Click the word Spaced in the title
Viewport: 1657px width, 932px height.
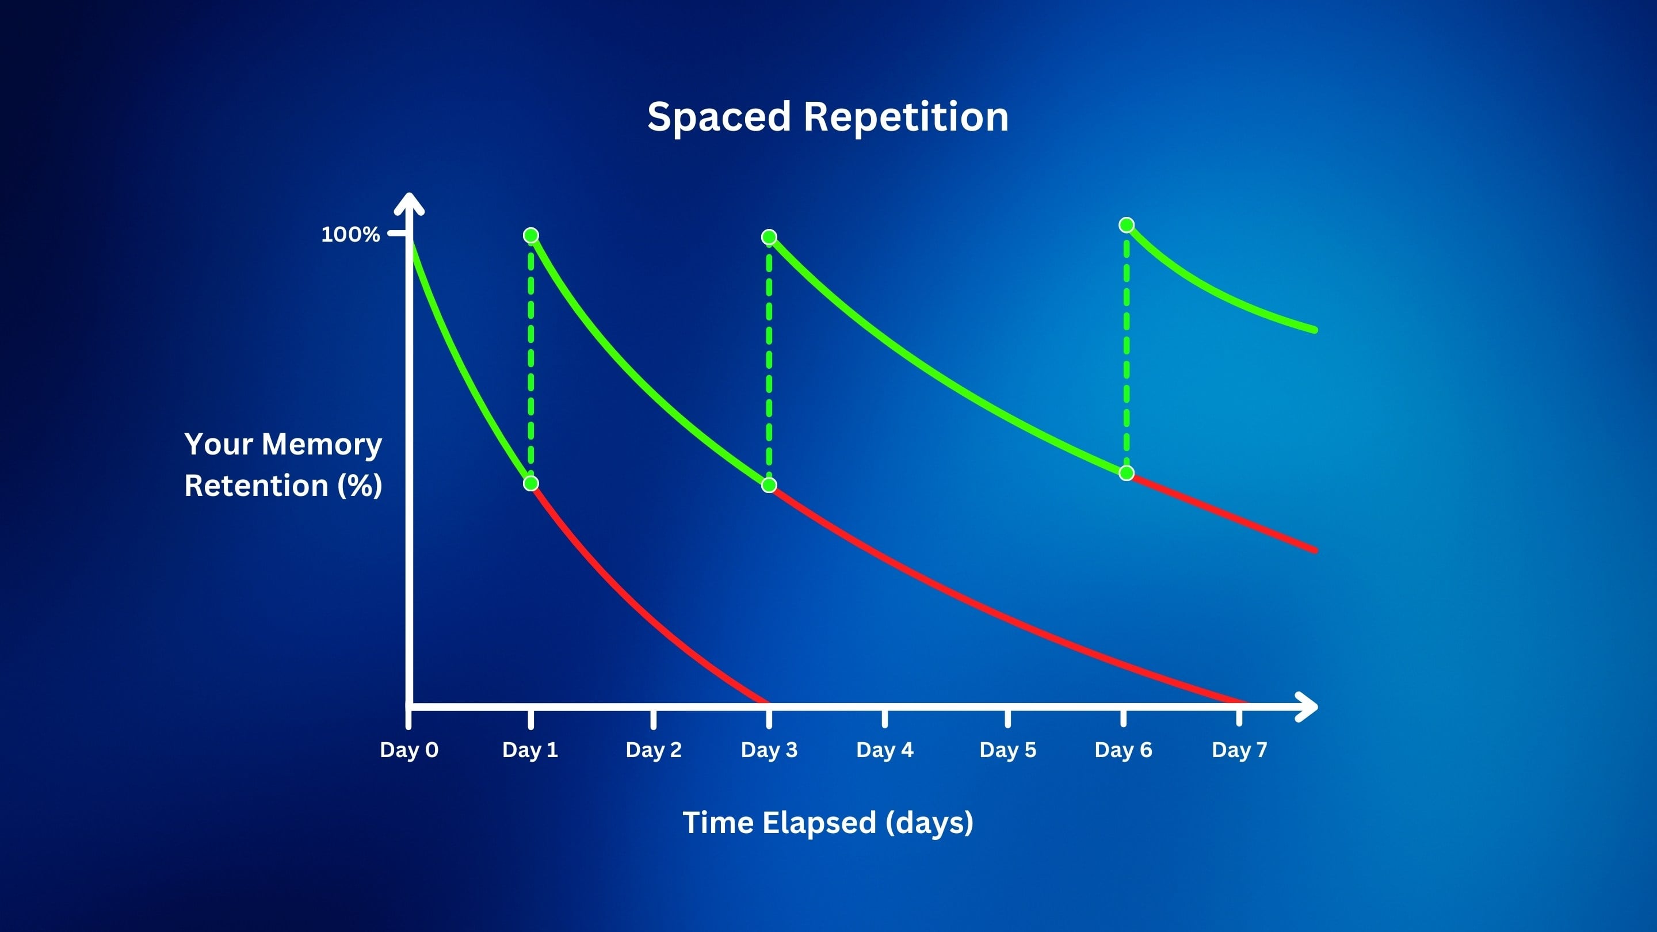tap(719, 118)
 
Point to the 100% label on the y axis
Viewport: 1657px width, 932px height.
tap(350, 234)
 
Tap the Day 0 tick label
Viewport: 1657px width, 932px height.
tap(409, 750)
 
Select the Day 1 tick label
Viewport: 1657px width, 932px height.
tap(530, 750)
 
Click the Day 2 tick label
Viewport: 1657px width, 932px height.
tap(654, 750)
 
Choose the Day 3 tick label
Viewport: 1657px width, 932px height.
tap(769, 750)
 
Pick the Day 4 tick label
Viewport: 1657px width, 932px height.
tap(885, 750)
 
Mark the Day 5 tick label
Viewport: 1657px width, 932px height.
tap(1008, 750)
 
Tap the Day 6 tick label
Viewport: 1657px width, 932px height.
tap(1124, 750)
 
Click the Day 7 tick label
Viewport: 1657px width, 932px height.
tap(1239, 750)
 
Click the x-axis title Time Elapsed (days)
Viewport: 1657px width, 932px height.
tap(828, 823)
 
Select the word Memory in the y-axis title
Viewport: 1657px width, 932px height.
tap(322, 445)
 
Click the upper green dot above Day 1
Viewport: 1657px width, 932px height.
tap(530, 235)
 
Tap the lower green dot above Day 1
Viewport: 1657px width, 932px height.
tap(530, 483)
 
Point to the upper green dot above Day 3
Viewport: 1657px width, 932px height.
tap(769, 238)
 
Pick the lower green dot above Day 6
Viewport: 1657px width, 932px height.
tap(1127, 473)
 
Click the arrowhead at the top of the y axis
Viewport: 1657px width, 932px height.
tap(409, 202)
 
